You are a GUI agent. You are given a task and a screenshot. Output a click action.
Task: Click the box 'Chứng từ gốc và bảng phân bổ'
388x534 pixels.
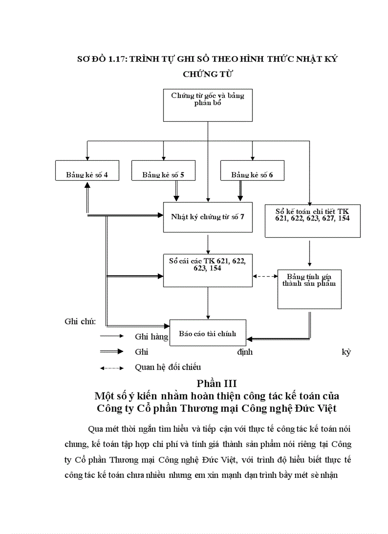(208, 105)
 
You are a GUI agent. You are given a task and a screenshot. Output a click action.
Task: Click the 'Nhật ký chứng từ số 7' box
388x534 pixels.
(208, 217)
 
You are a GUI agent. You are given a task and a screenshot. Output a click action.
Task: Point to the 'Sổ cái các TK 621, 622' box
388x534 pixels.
(208, 270)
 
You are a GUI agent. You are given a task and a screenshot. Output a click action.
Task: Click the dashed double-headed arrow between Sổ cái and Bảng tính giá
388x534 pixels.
(265, 276)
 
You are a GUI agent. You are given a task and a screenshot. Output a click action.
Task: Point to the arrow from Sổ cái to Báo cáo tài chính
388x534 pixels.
(208, 303)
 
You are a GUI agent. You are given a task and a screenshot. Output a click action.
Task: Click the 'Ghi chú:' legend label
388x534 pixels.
(80, 322)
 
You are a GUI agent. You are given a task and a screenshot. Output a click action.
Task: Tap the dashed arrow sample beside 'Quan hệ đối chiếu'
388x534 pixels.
(112, 368)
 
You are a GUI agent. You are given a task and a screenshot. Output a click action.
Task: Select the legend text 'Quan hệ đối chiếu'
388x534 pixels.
(168, 367)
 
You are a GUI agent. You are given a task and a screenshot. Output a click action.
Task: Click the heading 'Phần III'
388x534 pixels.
(216, 383)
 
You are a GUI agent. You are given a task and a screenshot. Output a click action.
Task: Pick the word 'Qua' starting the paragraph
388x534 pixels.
(96, 428)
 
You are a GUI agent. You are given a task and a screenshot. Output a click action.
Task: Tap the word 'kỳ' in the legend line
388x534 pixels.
(346, 352)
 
